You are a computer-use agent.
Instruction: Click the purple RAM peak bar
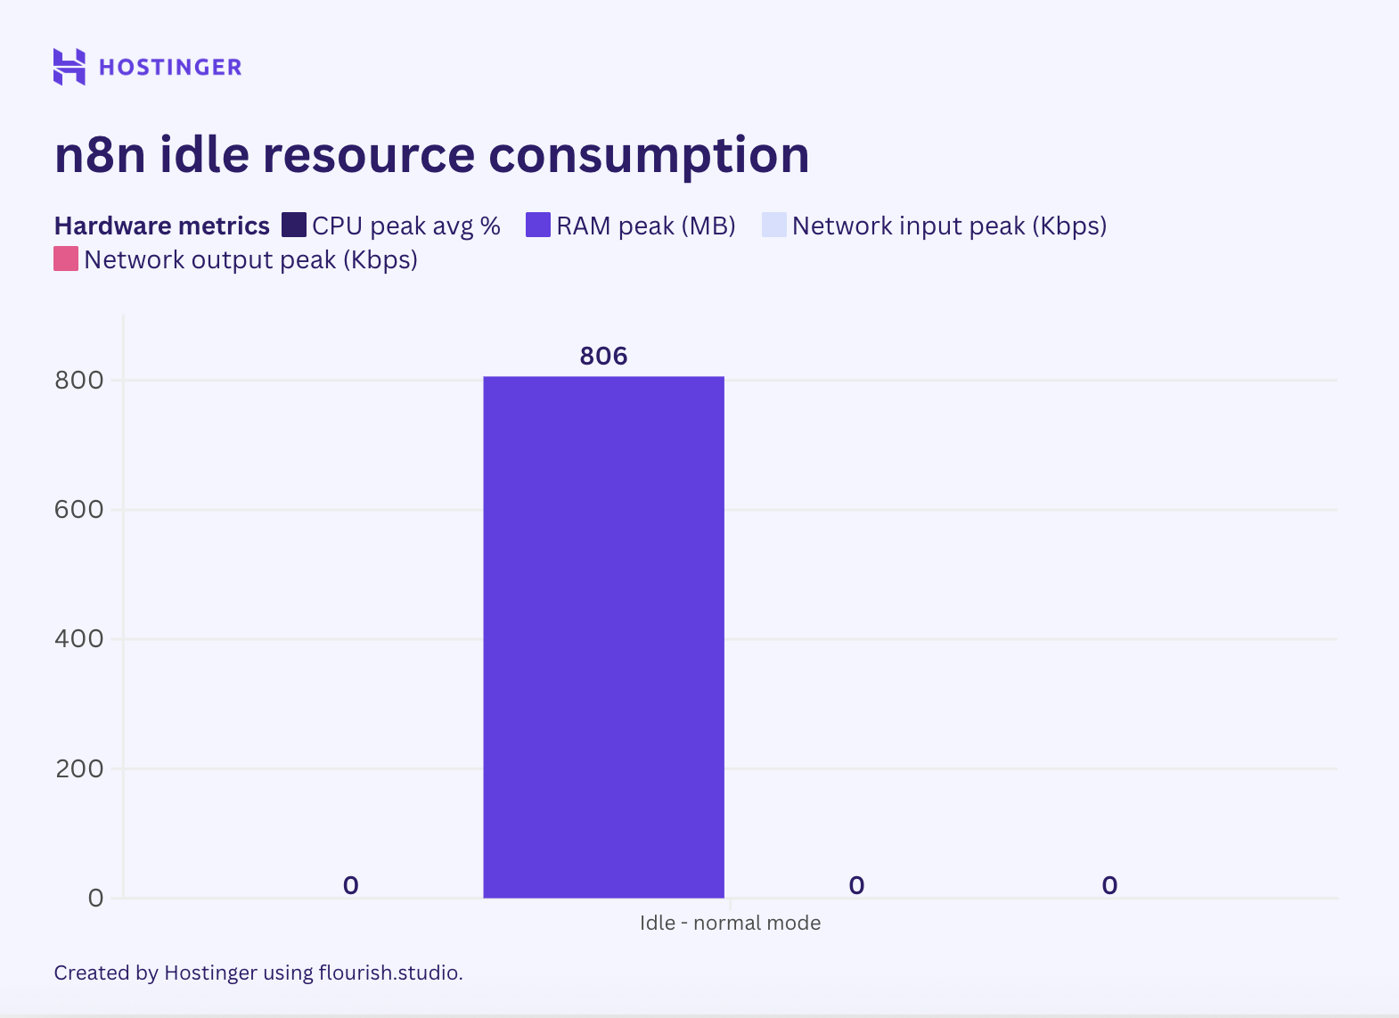(x=603, y=636)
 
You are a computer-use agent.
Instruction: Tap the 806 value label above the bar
(x=603, y=356)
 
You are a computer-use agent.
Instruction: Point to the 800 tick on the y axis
(x=79, y=381)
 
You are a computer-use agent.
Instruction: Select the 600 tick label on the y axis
(x=79, y=510)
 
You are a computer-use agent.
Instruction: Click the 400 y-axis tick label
(x=79, y=639)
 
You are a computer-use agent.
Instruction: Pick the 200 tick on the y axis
(x=79, y=768)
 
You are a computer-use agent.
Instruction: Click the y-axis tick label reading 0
(x=95, y=898)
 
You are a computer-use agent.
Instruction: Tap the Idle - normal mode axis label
(x=730, y=923)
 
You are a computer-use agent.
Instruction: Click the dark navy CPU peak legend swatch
(x=293, y=226)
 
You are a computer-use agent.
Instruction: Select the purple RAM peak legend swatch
(x=538, y=226)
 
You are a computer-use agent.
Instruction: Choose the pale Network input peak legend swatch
(x=773, y=226)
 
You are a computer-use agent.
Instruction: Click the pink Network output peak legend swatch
(x=66, y=259)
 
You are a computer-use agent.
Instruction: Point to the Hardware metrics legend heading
(x=161, y=226)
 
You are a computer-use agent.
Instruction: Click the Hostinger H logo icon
(x=70, y=67)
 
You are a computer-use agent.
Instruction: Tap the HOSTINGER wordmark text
(x=170, y=68)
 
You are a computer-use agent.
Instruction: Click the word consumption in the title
(x=649, y=155)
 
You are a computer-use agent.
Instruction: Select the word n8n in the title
(x=100, y=155)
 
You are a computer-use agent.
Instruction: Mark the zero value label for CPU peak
(x=350, y=885)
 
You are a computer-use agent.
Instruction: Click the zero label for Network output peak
(x=1109, y=885)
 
